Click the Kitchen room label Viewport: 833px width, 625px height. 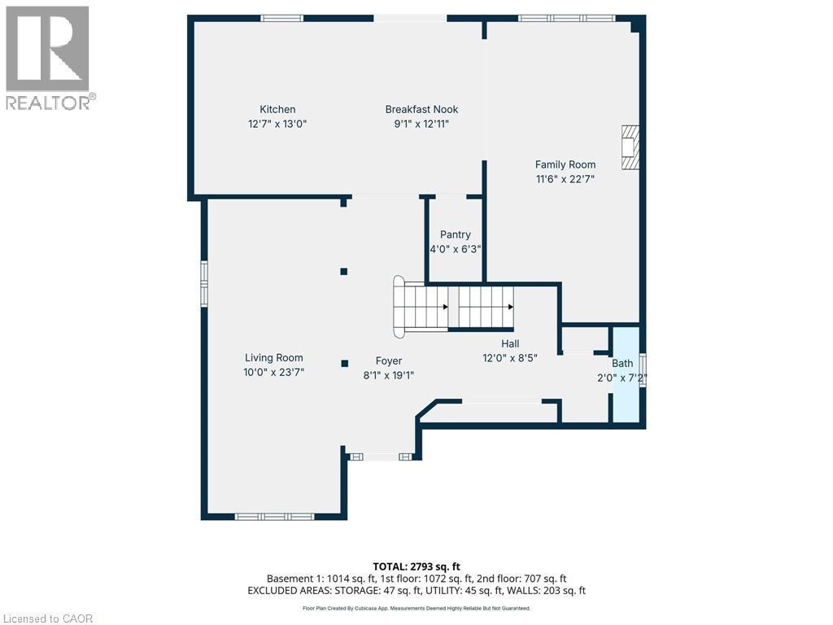click(x=277, y=110)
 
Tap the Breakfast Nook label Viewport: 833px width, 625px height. click(x=421, y=110)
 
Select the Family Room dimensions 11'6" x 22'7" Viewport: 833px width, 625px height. click(x=565, y=178)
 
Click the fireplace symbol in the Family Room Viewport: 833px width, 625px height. click(x=630, y=147)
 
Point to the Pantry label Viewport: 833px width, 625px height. click(x=456, y=235)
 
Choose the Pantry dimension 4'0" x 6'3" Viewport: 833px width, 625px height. click(x=456, y=250)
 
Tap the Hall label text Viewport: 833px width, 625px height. click(x=510, y=343)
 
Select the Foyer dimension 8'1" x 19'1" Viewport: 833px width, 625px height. click(x=388, y=375)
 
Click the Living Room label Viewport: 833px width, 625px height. click(x=274, y=358)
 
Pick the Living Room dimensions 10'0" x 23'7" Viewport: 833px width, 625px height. click(x=274, y=372)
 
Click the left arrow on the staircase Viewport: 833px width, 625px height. click(x=445, y=307)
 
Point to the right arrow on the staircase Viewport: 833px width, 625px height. click(x=510, y=307)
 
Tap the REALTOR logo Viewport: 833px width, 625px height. click(x=49, y=57)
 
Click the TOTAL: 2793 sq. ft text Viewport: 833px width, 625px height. click(x=416, y=566)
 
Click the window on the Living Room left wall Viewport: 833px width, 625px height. click(x=204, y=282)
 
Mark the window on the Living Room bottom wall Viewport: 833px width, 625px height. click(x=274, y=516)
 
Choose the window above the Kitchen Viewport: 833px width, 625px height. click(x=281, y=18)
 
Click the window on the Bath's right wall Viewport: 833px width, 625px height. click(x=643, y=370)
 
